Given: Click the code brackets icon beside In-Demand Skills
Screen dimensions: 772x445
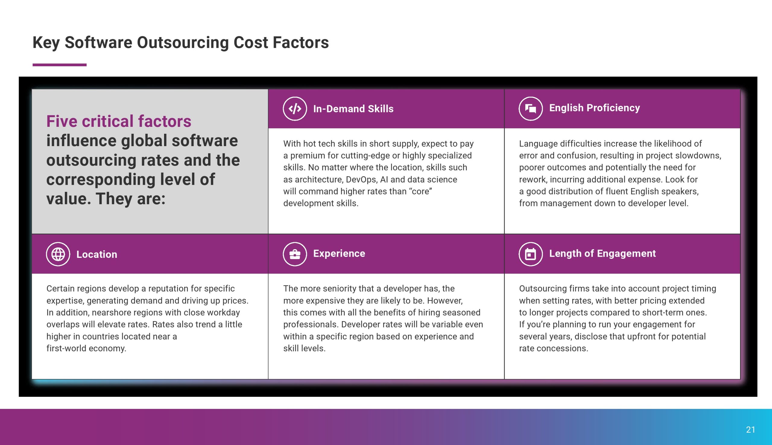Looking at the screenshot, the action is [x=295, y=108].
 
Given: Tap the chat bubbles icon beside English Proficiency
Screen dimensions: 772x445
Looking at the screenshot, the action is [x=531, y=108].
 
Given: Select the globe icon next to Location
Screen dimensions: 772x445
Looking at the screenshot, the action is [x=58, y=254].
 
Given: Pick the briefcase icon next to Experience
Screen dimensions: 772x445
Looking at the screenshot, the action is [x=295, y=254].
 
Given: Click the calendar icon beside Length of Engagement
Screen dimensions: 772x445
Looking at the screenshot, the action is [x=531, y=254].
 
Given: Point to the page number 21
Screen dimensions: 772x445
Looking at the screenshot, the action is [x=751, y=430].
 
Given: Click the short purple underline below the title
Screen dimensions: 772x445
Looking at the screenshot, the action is [x=60, y=65].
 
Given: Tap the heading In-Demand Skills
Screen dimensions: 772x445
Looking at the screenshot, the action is [x=353, y=109].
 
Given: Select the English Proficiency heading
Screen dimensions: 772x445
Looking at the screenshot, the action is [x=595, y=108].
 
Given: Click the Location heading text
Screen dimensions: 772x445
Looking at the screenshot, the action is [x=97, y=254].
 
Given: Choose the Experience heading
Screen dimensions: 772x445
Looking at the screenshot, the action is [x=339, y=253].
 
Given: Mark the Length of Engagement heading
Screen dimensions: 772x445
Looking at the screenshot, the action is [x=603, y=253].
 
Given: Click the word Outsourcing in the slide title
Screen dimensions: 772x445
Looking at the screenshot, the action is [x=183, y=42].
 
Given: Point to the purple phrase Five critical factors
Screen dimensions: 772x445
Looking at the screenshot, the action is [x=119, y=121].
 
